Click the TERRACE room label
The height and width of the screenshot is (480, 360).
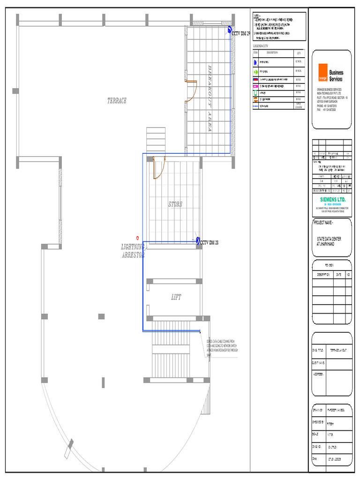point(117,101)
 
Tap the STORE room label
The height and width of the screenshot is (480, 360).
point(175,204)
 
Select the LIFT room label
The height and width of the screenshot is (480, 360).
point(176,297)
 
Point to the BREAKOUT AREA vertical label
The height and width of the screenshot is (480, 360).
point(210,98)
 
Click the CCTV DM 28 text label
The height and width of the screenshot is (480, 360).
point(210,243)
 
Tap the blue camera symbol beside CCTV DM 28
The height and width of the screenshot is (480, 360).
point(198,241)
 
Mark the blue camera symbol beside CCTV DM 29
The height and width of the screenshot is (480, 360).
point(230,30)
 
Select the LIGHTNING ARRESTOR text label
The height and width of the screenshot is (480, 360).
point(133,251)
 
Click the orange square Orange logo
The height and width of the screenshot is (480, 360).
point(322,72)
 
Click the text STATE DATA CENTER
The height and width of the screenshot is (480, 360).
point(329,239)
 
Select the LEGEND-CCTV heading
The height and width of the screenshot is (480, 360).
point(260,46)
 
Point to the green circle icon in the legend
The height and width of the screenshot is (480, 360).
point(256,72)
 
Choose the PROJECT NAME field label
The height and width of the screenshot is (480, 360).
point(323,222)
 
